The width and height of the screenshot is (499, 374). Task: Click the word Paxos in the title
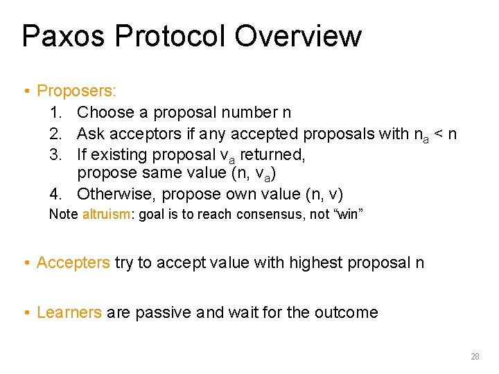pos(62,36)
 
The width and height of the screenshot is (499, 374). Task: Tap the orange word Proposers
pos(76,91)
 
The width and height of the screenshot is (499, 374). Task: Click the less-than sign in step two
pos(438,134)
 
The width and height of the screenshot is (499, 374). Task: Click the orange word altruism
pos(106,215)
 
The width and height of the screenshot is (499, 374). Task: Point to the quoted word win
pos(348,215)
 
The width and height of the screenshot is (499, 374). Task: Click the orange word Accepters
pos(73,262)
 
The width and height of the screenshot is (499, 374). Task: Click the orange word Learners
pos(69,312)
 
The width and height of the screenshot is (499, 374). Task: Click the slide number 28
pos(475,357)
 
